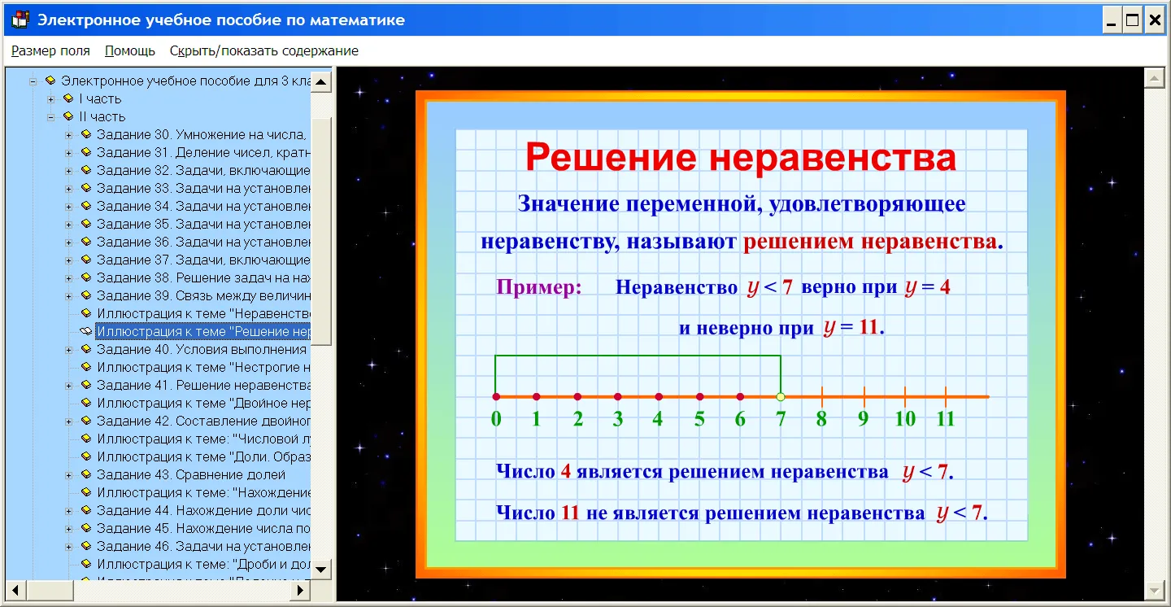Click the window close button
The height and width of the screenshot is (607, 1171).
coord(1155,20)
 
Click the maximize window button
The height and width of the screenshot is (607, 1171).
coord(1132,20)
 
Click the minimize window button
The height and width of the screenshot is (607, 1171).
coord(1112,20)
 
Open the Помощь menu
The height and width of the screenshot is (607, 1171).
coord(129,50)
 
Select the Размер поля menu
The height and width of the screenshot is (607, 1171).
coord(50,50)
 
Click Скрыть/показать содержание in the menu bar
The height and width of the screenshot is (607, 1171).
coord(264,50)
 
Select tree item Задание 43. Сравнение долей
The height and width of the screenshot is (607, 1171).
coord(191,474)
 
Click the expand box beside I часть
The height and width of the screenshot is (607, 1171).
coord(50,99)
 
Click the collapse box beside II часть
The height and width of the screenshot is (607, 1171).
coord(50,116)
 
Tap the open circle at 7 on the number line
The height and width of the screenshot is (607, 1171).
coord(781,396)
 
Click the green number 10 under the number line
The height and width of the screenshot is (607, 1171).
coord(905,418)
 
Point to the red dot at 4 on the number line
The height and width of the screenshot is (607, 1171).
coord(659,396)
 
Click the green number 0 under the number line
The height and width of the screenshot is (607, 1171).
coord(496,418)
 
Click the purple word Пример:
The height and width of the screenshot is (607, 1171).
coord(539,286)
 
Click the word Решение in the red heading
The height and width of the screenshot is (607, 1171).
coord(612,157)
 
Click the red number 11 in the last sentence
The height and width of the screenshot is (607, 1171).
coord(570,513)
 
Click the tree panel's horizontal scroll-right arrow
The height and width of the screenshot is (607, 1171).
coord(300,590)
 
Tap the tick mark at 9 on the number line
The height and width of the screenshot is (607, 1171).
coord(864,396)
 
